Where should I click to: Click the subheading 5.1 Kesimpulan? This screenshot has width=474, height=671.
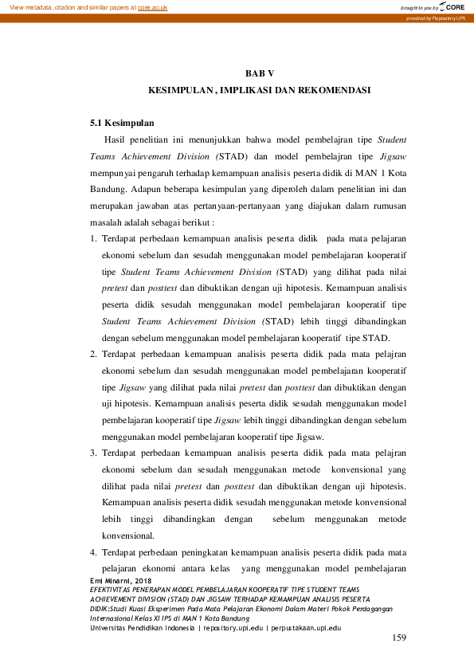(x=122, y=123)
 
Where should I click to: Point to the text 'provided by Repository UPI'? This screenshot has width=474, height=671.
(x=437, y=18)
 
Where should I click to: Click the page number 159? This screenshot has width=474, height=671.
(x=399, y=638)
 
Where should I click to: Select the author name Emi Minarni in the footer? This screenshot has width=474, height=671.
(x=112, y=581)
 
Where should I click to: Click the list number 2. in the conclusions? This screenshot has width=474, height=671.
(x=93, y=355)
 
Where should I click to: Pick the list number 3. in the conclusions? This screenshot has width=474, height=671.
(x=93, y=453)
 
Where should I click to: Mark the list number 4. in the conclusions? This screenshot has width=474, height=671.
(x=93, y=552)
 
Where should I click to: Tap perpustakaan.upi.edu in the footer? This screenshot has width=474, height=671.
(x=306, y=628)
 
